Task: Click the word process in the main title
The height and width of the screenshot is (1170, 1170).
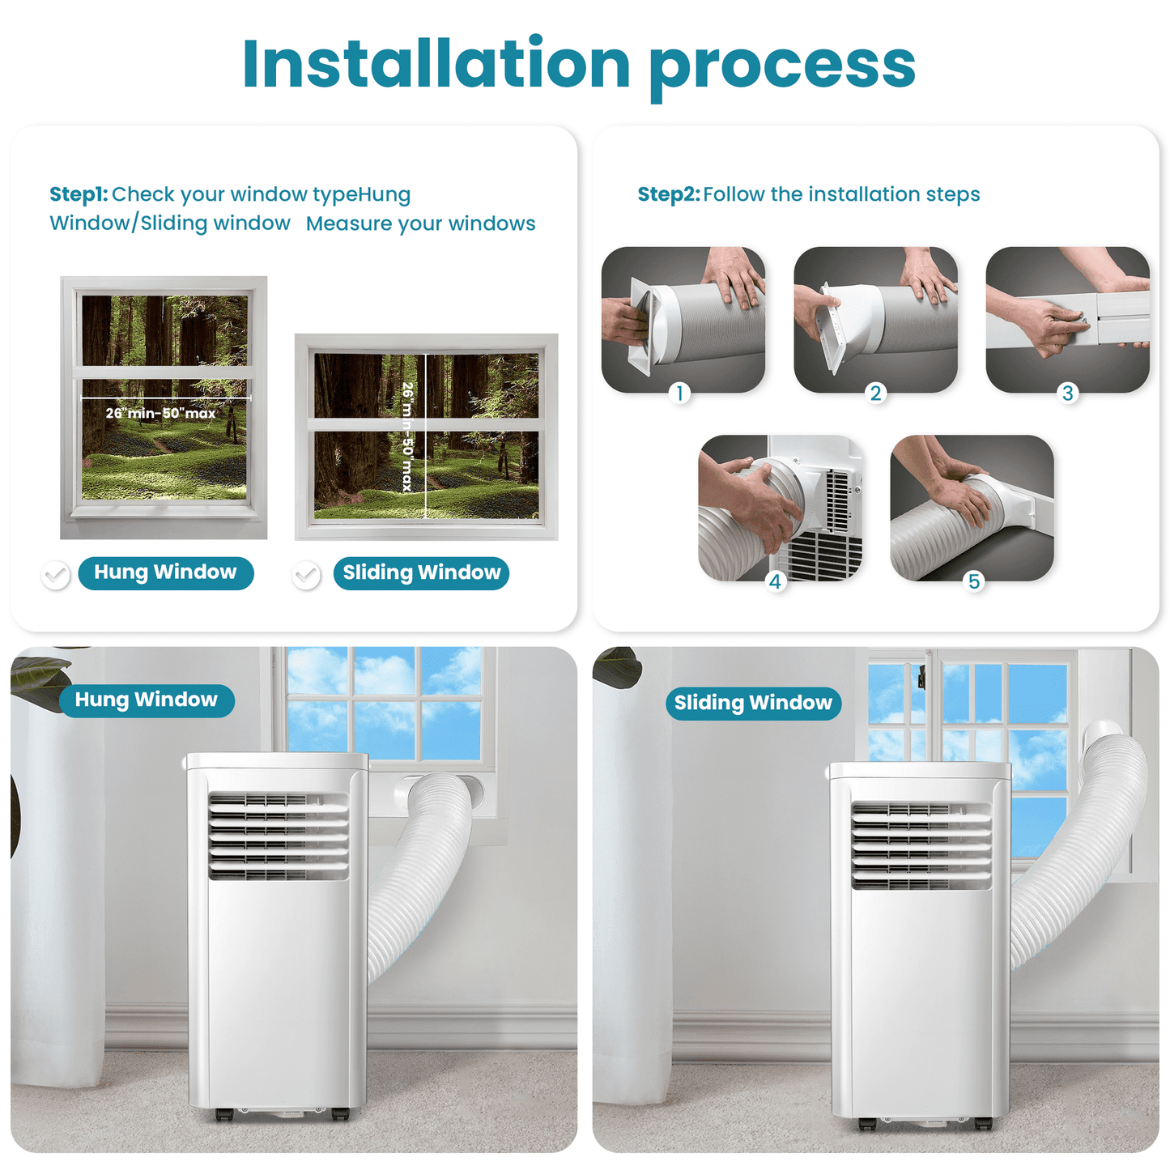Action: pos(781,65)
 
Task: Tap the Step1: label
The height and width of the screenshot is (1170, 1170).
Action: pos(79,194)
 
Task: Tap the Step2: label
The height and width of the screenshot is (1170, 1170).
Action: pos(668,194)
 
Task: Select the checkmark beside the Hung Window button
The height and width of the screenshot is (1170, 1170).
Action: pos(56,575)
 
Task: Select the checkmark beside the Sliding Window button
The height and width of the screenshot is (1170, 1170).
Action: pos(306,575)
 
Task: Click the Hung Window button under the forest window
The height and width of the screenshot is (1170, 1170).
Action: pos(166,573)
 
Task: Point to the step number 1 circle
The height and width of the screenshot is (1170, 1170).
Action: pos(680,394)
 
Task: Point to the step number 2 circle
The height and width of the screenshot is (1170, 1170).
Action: pos(875,394)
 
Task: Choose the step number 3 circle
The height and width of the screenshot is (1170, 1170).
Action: pos(1068,394)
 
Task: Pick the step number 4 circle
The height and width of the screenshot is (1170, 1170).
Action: pos(775,581)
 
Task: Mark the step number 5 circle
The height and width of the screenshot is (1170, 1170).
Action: pos(974,581)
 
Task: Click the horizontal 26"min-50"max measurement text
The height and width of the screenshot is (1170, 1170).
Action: pos(160,414)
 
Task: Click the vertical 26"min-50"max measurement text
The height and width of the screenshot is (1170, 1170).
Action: pos(408,437)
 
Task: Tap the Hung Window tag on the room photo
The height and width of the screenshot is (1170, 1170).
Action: pos(147,700)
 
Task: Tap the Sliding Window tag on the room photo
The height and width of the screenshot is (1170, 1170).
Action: pos(753,703)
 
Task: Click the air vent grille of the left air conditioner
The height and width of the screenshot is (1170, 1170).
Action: pos(279,836)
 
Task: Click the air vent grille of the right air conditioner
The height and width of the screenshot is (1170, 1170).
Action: pos(921,845)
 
